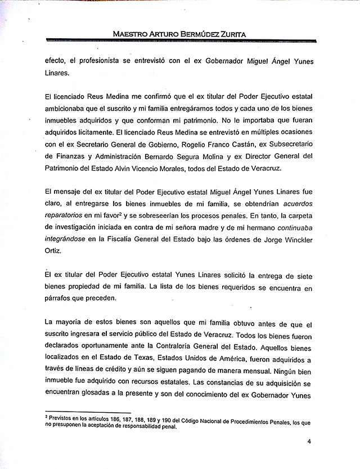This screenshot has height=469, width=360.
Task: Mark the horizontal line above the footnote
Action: pyautogui.click(x=87, y=413)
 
